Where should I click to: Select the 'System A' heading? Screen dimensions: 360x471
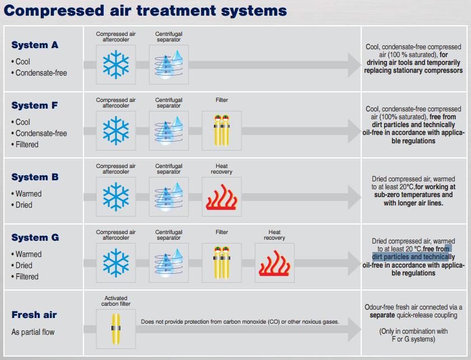pos(35,45)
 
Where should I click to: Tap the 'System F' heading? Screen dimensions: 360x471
pos(35,105)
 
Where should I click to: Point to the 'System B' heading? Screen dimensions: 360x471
pos(35,177)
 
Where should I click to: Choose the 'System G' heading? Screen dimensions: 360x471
pos(35,237)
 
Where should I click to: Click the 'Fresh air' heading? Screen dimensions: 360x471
pos(34,315)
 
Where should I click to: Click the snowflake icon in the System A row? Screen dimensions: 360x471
pos(116,65)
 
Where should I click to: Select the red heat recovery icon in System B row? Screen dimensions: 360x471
pos(222,197)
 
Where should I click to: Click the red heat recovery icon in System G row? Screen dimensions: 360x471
pos(274,263)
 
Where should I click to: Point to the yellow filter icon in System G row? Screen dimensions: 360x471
pos(222,263)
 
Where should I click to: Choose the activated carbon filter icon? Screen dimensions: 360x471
pos(116,329)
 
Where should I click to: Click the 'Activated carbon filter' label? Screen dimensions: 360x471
pos(116,301)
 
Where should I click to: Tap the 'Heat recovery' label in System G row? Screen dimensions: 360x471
pos(274,235)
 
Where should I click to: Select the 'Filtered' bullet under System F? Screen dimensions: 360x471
pos(27,144)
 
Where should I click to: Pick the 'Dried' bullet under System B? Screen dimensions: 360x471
pos(24,205)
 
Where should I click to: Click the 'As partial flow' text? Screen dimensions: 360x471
pos(33,332)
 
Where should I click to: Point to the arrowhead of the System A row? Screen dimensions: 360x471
pos(354,65)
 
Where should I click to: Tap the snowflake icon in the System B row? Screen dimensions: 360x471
pos(116,197)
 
